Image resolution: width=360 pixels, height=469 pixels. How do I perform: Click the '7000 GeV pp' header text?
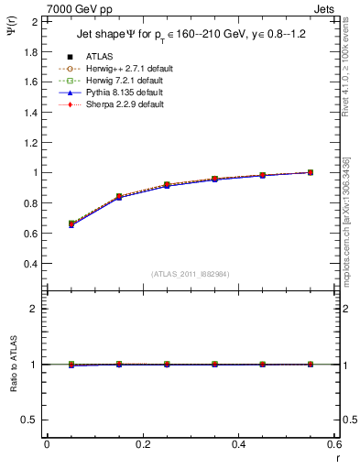(x=71, y=8)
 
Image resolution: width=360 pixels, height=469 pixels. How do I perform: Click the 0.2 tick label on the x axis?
(x=142, y=444)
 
